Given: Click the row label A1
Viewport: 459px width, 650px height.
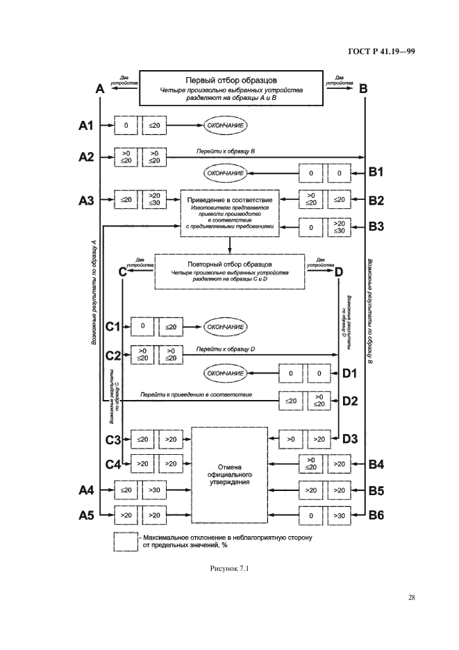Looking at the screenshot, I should coord(86,126).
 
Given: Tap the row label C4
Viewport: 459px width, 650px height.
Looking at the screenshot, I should coord(113,463).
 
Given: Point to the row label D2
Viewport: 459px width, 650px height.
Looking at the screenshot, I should coord(350,400).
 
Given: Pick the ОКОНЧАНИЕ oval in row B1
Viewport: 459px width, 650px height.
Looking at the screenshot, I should coord(226,172).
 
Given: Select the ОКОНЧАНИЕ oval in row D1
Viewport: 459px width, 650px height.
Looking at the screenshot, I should coord(226,374).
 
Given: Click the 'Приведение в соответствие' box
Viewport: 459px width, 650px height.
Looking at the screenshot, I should coord(230,212).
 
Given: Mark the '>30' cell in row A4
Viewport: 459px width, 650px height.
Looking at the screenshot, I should coord(153,490).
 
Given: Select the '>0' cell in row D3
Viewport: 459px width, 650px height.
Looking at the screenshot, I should coord(292,439).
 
